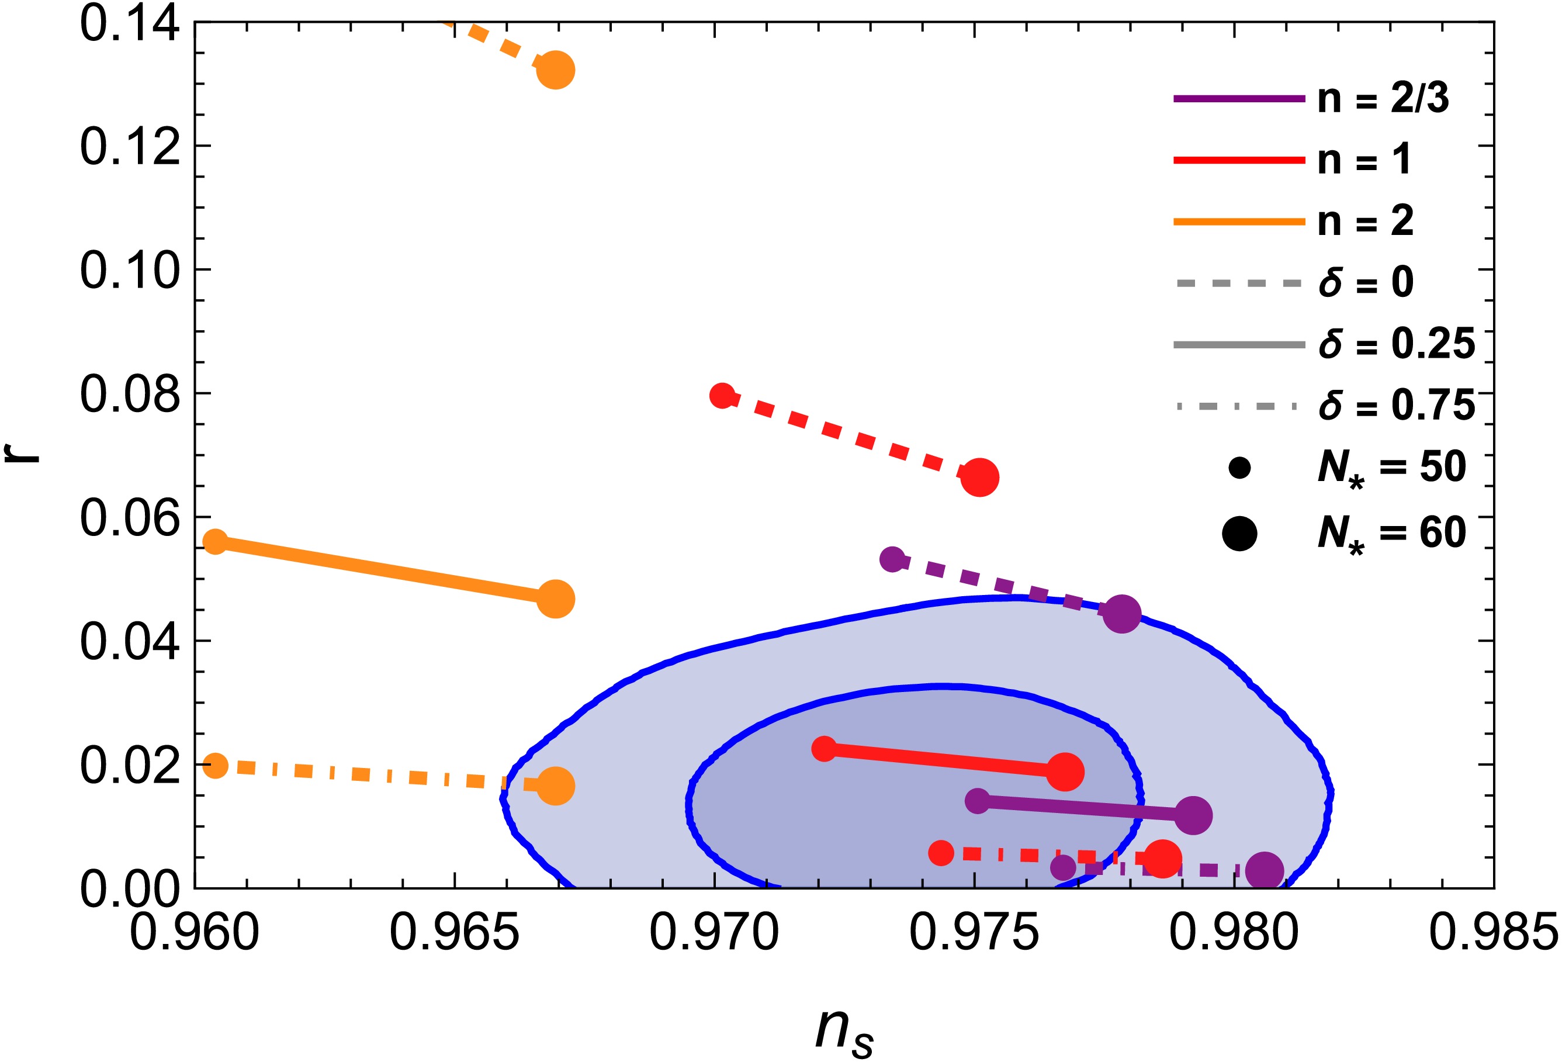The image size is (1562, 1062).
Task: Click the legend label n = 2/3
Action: (x=1383, y=99)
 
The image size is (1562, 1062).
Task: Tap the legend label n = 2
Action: (x=1365, y=221)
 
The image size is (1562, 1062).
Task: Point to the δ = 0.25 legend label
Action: (x=1397, y=344)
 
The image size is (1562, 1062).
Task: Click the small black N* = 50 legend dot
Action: (x=1239, y=468)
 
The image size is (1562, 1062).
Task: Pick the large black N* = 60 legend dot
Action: (x=1239, y=534)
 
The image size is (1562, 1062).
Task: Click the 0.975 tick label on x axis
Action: (x=974, y=933)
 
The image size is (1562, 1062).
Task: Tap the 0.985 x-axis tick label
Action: (x=1494, y=933)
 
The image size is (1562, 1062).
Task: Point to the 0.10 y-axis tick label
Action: (x=130, y=270)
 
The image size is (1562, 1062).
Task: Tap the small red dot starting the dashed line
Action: (x=722, y=395)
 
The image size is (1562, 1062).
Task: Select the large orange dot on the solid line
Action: (x=555, y=599)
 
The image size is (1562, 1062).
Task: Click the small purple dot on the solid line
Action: (x=978, y=801)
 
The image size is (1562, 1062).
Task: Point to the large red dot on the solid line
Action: (x=1065, y=772)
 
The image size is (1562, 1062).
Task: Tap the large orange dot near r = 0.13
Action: (x=555, y=70)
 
